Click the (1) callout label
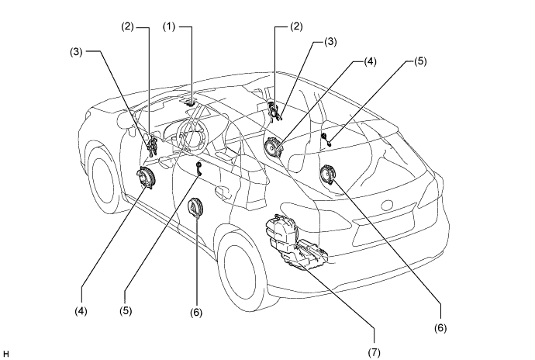(169, 26)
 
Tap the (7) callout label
(374, 351)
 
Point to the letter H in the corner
(5, 354)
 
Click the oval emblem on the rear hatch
(387, 206)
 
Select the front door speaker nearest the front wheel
(145, 178)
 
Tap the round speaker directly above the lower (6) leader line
(195, 207)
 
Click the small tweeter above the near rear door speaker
(198, 169)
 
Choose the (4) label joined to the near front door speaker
(81, 311)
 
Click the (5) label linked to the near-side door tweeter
(126, 311)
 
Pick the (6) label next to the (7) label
(440, 328)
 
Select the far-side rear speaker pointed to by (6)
(328, 175)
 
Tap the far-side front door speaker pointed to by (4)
(273, 147)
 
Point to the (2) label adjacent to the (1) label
(128, 26)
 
